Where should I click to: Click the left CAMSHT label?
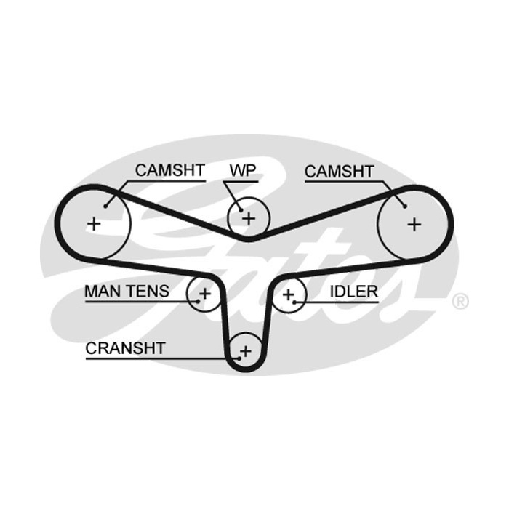point(169,170)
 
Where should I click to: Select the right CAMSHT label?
point(340,172)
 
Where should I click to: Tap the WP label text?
point(243,170)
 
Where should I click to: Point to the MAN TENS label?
point(127,291)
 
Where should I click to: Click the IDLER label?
point(354,292)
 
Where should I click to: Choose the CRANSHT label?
point(125,348)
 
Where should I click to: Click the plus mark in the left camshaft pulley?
point(94,224)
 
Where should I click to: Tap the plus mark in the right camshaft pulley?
point(414,224)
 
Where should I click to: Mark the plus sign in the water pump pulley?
point(249,218)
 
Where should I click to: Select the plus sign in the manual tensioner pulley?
point(205,294)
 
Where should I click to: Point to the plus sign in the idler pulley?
point(288,294)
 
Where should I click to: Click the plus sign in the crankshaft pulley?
point(246,351)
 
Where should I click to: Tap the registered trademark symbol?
point(460,302)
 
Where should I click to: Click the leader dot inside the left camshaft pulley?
point(105,206)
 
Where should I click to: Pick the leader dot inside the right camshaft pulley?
point(405,206)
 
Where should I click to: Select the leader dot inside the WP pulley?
point(241,210)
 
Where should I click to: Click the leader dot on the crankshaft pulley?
point(239,358)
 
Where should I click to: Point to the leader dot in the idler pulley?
point(294,302)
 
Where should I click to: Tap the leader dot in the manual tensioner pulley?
point(199,301)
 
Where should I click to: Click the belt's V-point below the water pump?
point(249,239)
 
